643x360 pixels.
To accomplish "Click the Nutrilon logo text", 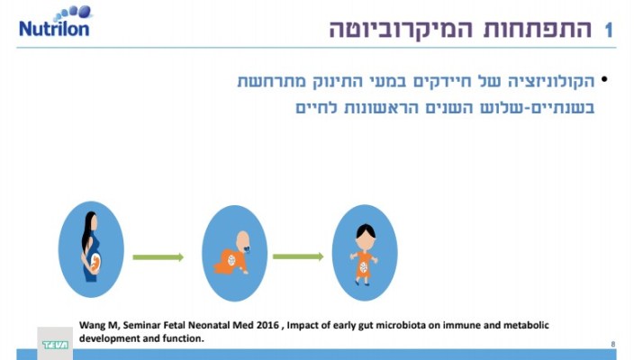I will point(53,29).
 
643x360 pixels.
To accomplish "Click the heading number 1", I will point(609,31).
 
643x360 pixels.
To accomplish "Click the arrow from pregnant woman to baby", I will point(158,257).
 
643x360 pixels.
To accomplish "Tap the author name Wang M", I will point(98,325).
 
